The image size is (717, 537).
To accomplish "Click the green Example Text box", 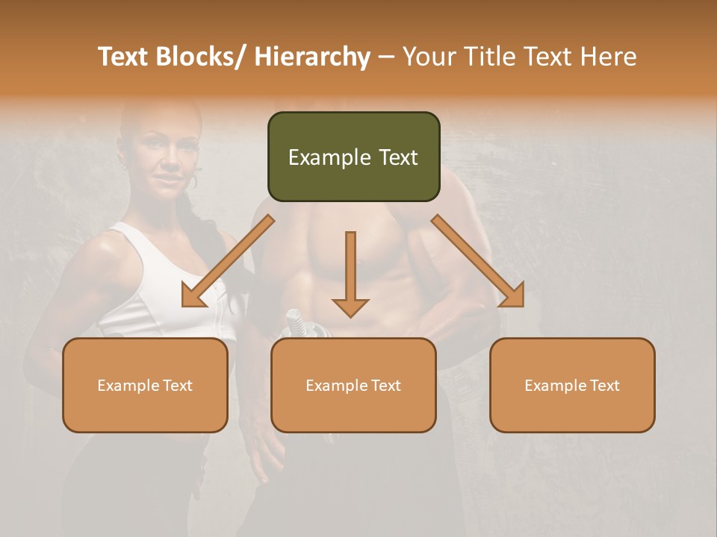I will pos(353,157).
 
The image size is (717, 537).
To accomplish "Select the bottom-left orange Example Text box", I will pos(145,385).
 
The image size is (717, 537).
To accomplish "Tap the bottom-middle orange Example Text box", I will pos(353,385).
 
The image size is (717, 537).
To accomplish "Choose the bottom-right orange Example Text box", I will pos(572,385).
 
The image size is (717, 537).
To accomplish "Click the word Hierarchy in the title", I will pos(312,57).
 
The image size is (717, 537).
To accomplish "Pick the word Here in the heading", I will pos(608,57).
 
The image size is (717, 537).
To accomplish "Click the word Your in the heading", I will pos(429,57).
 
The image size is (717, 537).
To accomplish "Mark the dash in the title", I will pos(386,57).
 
